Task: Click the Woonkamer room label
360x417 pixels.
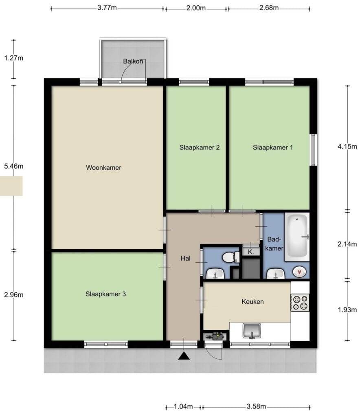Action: (103, 167)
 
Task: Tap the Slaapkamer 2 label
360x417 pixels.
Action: (200, 147)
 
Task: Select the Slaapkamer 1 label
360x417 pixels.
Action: (273, 147)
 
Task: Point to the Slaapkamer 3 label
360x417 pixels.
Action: (105, 294)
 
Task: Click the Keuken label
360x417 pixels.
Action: (252, 302)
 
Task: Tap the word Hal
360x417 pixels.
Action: (185, 258)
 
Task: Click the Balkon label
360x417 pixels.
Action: (133, 61)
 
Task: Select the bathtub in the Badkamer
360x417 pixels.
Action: (297, 237)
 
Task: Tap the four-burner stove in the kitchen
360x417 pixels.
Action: (300, 303)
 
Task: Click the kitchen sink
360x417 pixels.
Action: (252, 331)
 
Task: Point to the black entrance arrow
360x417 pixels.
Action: (184, 356)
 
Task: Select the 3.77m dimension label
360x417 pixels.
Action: (107, 8)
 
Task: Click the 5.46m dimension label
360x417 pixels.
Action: (13, 166)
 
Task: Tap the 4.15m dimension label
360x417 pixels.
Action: (347, 147)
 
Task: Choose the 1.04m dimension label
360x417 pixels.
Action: (183, 406)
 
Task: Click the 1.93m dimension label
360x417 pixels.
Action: (347, 309)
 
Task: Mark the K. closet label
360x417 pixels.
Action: (251, 252)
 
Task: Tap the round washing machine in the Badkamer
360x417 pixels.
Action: (299, 272)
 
